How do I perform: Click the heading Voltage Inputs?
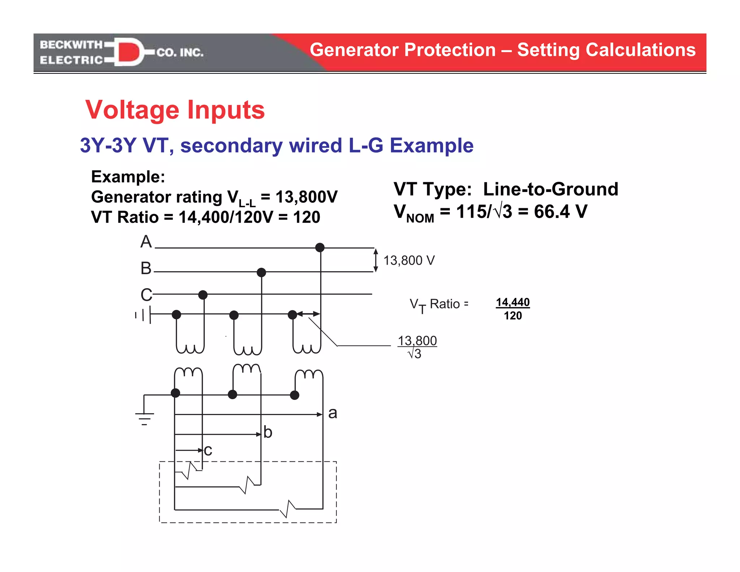(x=175, y=110)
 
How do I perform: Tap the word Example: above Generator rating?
(x=128, y=177)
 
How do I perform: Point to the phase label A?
(x=146, y=242)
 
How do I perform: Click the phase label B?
(x=146, y=268)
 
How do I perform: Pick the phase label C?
(x=146, y=295)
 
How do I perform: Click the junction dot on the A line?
(x=320, y=247)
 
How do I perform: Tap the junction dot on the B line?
(x=261, y=272)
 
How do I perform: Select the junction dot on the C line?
(x=203, y=295)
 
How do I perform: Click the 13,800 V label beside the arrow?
(x=409, y=260)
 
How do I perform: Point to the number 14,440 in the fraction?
(x=513, y=302)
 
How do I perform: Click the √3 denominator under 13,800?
(x=414, y=354)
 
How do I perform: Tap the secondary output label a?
(x=333, y=413)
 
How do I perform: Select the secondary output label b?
(x=268, y=432)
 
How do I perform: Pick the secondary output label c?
(x=208, y=451)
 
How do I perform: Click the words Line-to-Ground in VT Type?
(x=551, y=189)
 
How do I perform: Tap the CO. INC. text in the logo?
(x=180, y=53)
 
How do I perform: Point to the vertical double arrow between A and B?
(x=376, y=260)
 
